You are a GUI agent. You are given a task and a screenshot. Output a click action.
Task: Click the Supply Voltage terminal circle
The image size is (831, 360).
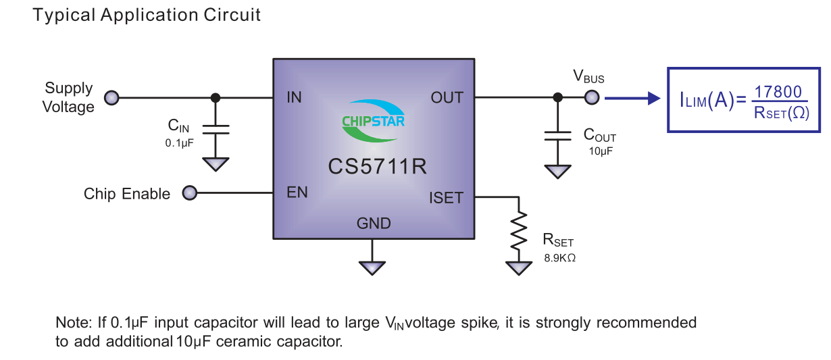(x=111, y=98)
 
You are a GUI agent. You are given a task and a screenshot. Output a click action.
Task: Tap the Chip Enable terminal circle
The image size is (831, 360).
(x=190, y=194)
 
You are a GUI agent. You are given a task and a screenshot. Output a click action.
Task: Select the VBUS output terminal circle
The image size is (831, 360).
(x=592, y=98)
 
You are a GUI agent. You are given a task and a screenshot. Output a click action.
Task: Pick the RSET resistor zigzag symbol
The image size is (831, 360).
(x=518, y=230)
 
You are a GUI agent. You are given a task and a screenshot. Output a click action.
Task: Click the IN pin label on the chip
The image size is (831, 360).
(x=294, y=98)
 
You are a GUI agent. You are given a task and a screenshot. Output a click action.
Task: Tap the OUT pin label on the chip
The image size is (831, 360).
(x=447, y=98)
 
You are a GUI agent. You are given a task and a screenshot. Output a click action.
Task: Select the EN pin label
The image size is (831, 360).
(x=297, y=193)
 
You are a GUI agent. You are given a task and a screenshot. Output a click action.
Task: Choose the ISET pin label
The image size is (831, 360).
(x=446, y=198)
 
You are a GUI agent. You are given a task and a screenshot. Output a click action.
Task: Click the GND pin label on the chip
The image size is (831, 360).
(x=373, y=223)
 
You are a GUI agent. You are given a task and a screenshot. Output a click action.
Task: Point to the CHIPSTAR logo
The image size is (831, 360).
(x=373, y=122)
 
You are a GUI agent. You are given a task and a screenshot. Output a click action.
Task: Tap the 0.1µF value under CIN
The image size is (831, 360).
(x=179, y=143)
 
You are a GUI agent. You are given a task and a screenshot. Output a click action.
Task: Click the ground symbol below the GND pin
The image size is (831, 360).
(x=372, y=266)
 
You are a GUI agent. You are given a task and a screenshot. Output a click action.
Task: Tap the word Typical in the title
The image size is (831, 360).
(x=64, y=16)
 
